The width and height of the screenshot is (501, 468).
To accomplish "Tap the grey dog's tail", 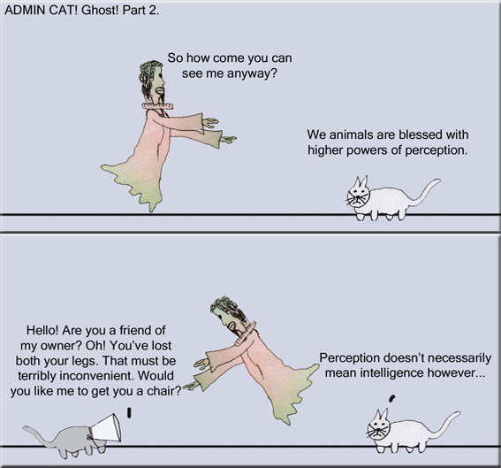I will tap(32, 433).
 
